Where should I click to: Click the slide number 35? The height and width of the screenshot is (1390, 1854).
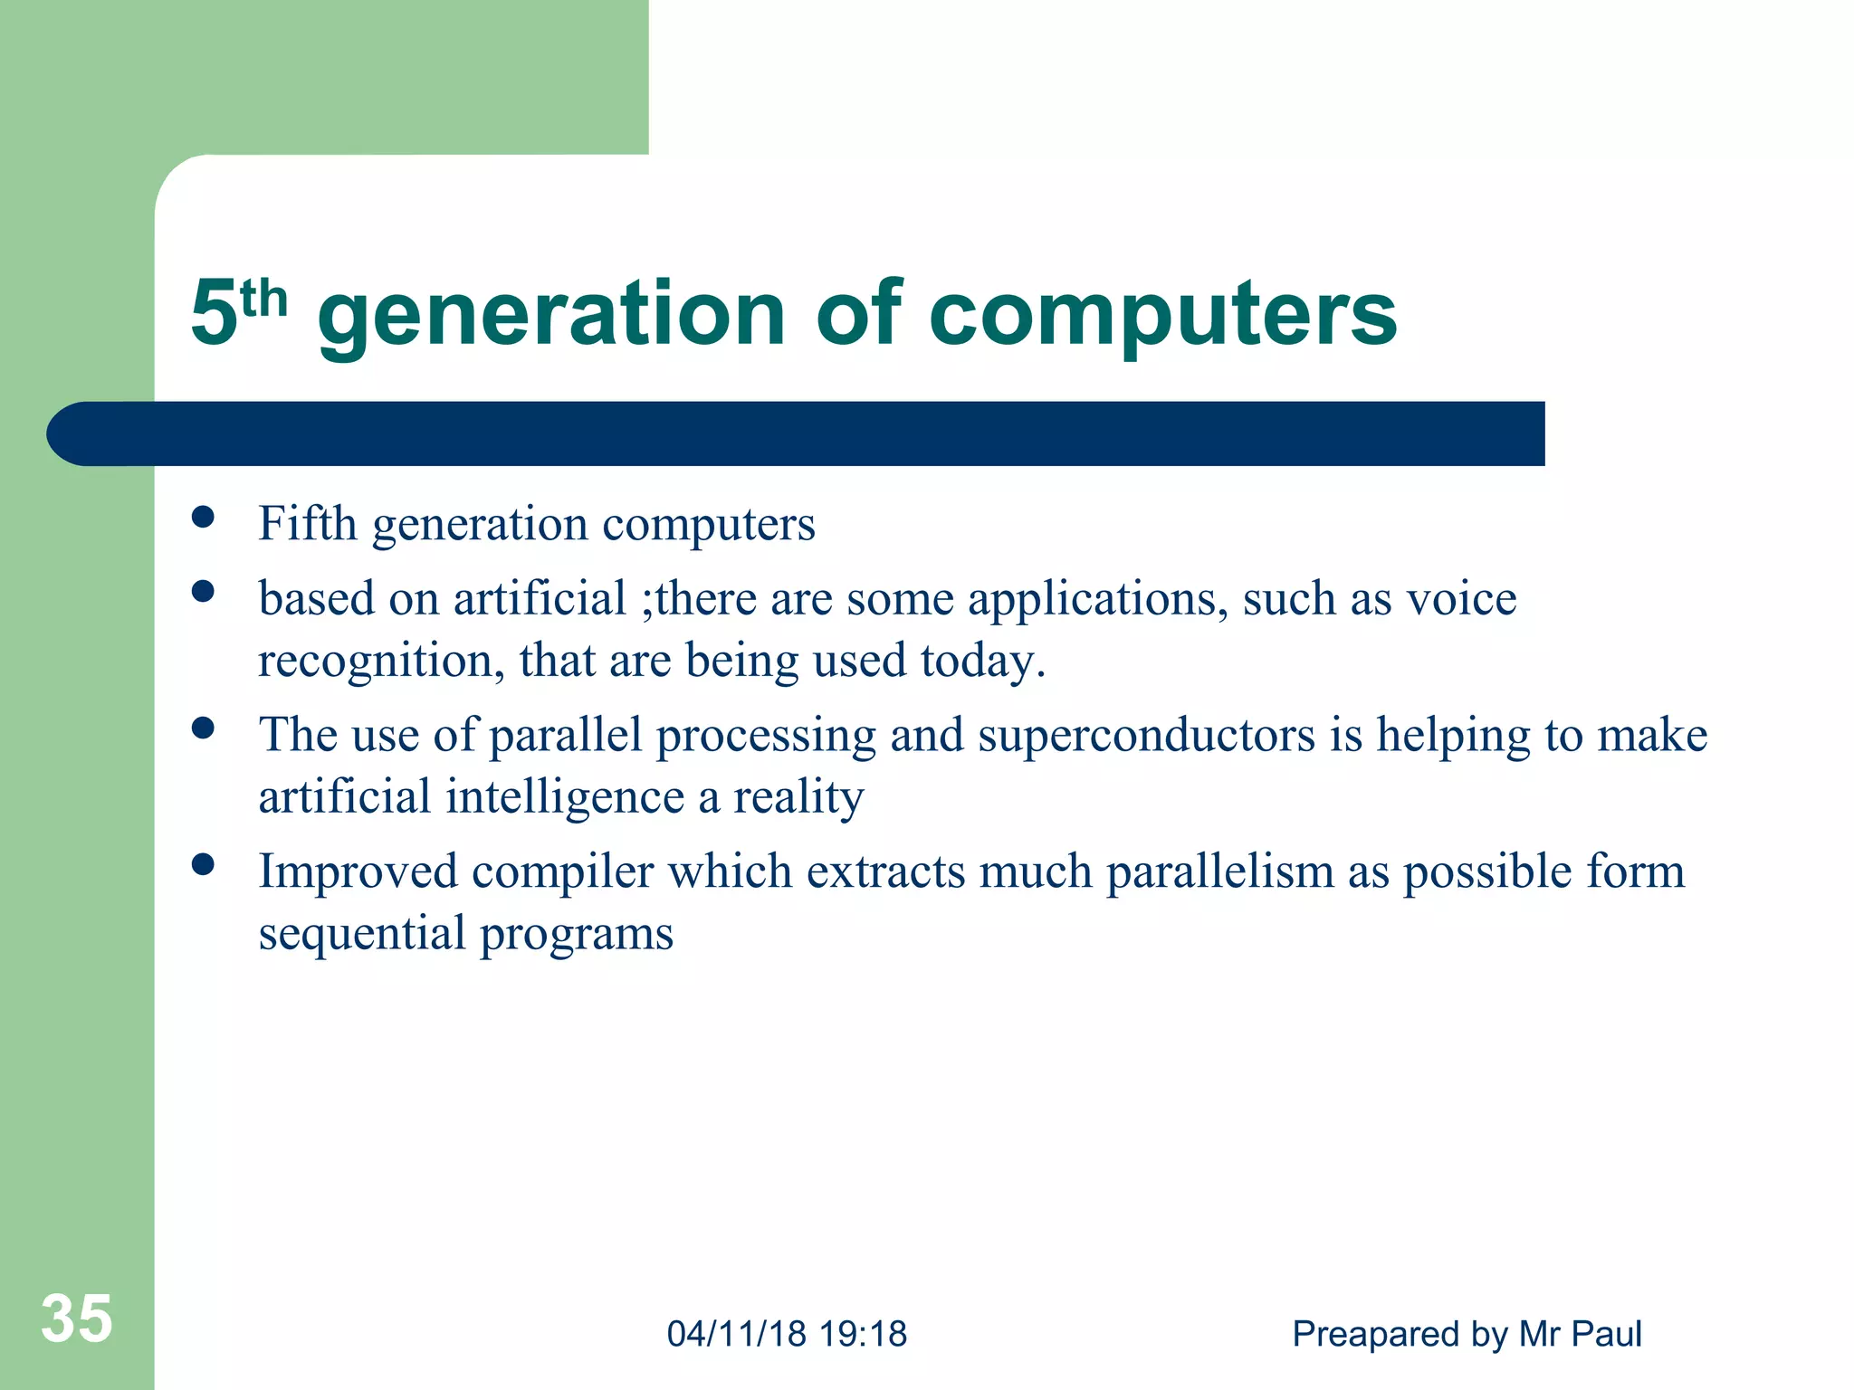point(77,1319)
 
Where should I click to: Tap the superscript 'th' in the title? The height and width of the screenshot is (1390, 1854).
point(263,300)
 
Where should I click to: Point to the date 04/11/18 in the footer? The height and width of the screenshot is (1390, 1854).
point(736,1334)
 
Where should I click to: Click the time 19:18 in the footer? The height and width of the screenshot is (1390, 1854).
point(863,1334)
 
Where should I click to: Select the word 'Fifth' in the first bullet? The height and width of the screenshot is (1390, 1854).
point(307,524)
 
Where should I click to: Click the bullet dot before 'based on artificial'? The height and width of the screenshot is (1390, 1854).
point(203,592)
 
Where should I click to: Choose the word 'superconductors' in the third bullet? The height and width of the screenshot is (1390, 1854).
point(1146,735)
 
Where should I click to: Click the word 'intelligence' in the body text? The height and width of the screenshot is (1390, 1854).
point(565,797)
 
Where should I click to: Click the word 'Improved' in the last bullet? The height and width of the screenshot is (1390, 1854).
point(358,872)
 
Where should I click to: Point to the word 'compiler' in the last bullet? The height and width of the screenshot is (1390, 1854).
point(562,872)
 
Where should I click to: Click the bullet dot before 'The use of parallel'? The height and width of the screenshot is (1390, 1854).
point(203,728)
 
